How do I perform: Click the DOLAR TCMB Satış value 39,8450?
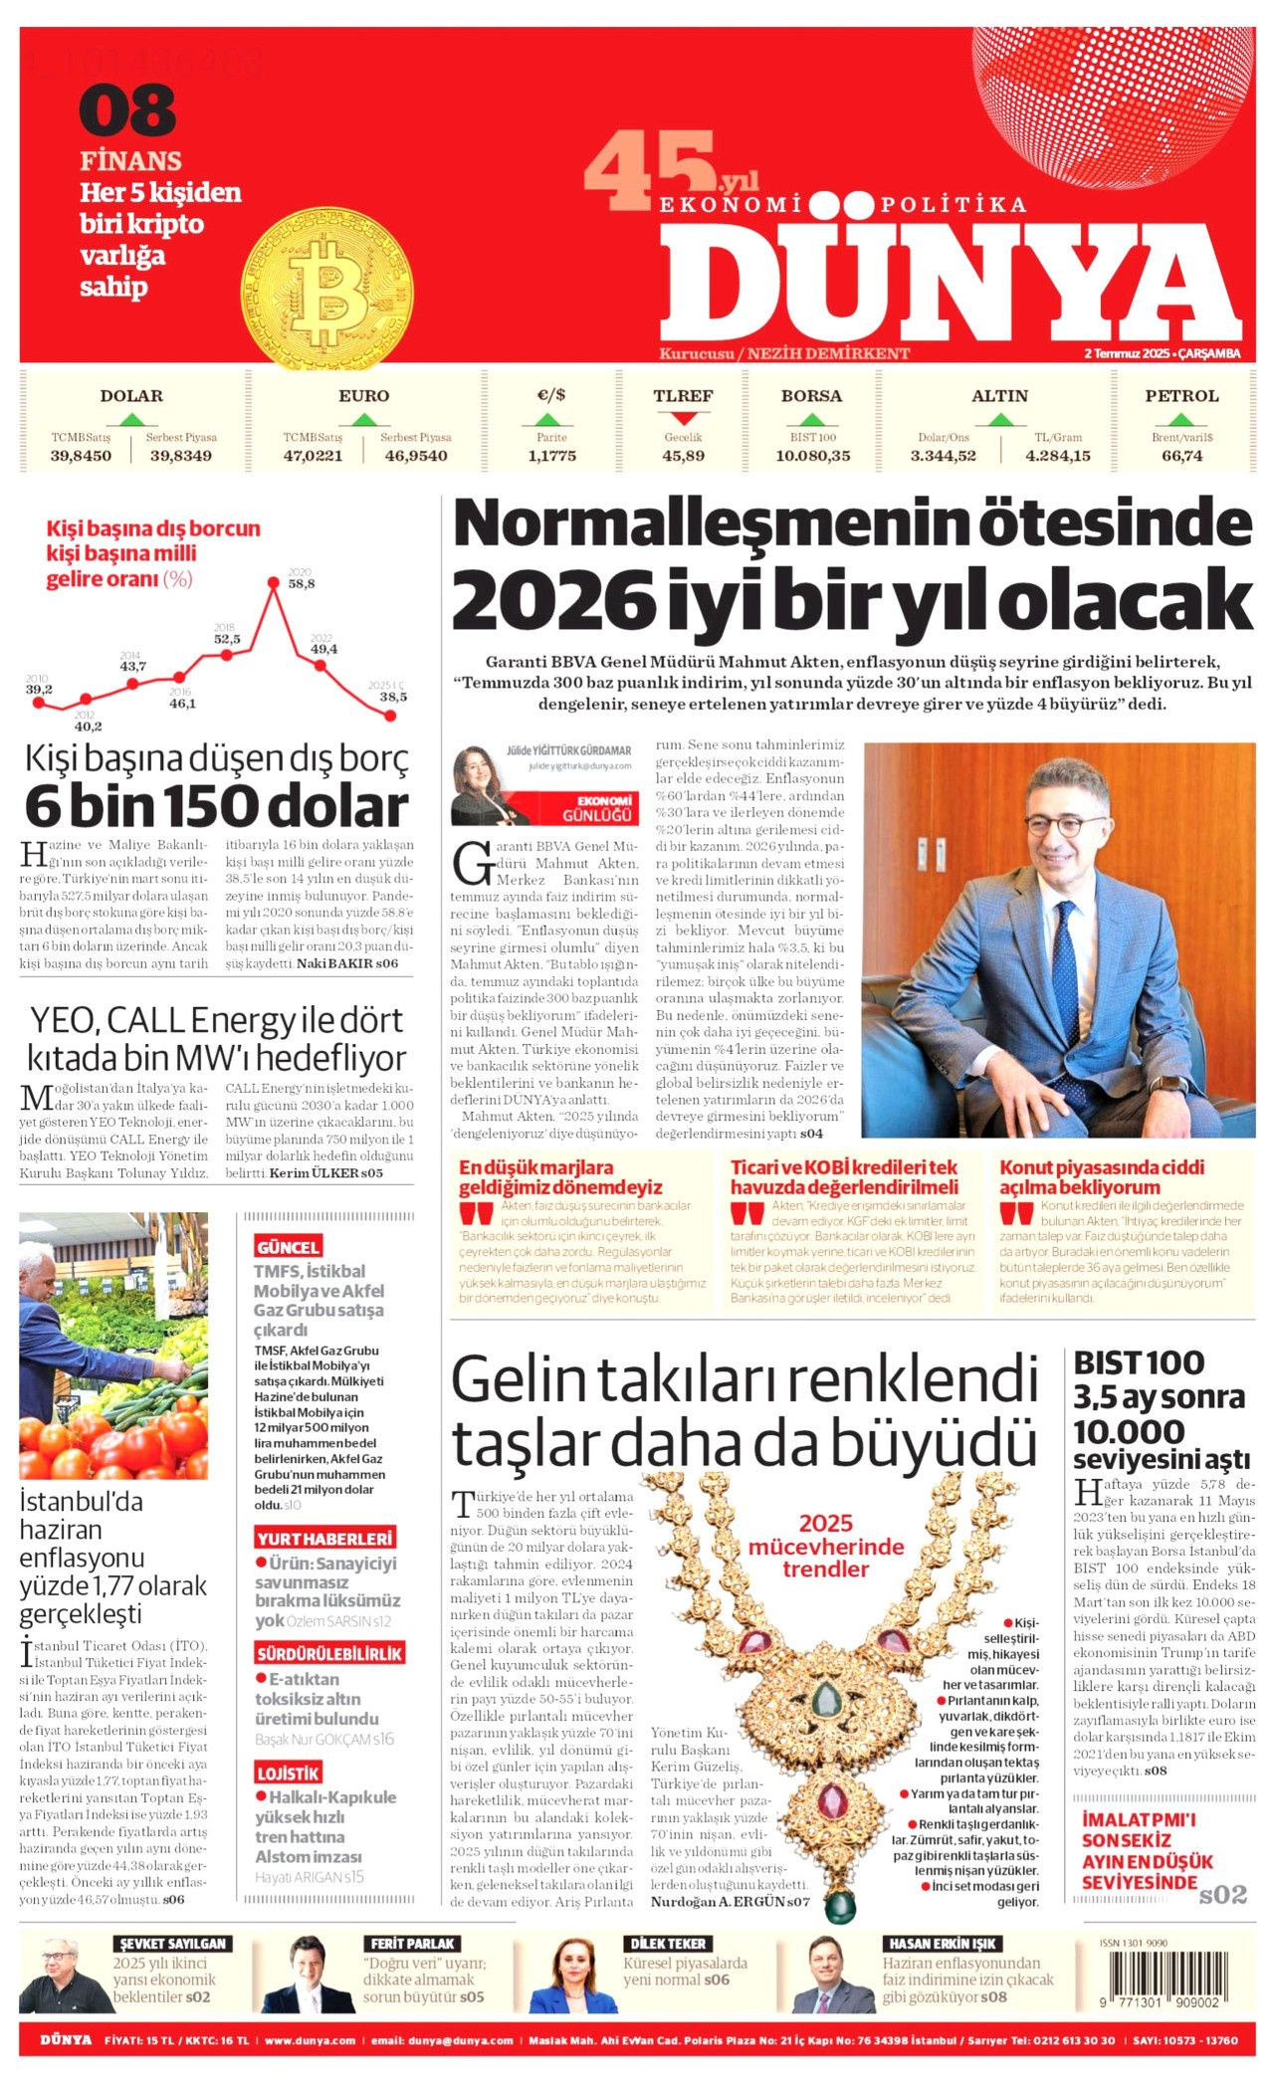[x=81, y=456]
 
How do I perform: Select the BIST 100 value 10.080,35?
[x=812, y=456]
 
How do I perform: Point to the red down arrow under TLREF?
[x=683, y=419]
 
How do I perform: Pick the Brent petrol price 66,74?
[x=1181, y=456]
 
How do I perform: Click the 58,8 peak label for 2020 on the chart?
[x=301, y=584]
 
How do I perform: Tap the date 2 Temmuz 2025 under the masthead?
[x=1126, y=354]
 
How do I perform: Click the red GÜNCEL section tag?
[x=288, y=1247]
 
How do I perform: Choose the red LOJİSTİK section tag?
[x=288, y=1773]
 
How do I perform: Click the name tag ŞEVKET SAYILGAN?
[x=173, y=1943]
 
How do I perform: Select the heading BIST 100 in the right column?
[x=1138, y=1362]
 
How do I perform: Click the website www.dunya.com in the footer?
[x=311, y=2040]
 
